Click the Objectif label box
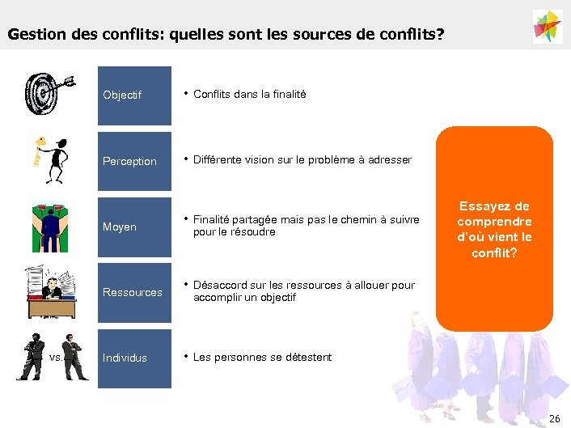tap(134, 95)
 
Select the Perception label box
tap(134, 161)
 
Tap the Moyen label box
tap(134, 227)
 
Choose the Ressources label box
tap(134, 292)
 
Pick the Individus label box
tap(134, 358)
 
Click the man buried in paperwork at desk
tap(51, 293)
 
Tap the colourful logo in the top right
tap(548, 27)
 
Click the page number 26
tap(554, 417)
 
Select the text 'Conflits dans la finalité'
tap(249, 95)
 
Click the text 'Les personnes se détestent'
tap(262, 357)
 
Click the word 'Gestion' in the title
tap(32, 36)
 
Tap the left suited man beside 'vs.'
tap(33, 356)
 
